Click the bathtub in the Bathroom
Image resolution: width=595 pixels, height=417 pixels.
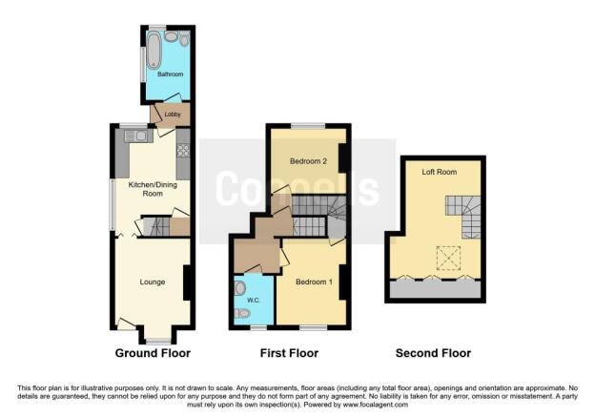153,51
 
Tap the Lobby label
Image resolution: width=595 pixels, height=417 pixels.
173,115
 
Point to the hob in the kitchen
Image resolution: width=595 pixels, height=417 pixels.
182,150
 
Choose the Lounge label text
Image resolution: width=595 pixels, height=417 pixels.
152,281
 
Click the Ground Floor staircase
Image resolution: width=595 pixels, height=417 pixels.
161,226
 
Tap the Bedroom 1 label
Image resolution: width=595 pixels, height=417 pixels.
313,281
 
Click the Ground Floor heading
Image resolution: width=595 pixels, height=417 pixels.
153,353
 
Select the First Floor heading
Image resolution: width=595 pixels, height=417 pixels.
290,353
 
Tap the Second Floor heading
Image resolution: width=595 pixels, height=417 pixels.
434,353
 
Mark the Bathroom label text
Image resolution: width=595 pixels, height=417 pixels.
170,73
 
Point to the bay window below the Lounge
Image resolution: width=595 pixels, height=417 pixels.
158,339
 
